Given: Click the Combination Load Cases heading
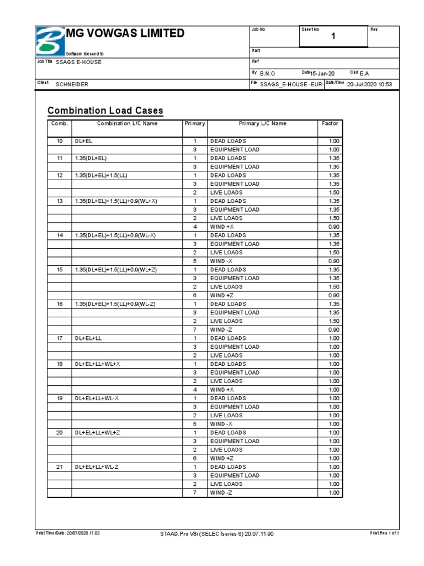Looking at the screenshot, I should [105, 111].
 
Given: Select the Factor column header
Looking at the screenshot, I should [330, 124].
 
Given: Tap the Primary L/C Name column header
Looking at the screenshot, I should [262, 124].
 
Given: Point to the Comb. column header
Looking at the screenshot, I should [59, 124].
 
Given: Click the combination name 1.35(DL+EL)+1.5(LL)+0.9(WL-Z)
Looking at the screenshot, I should [115, 304].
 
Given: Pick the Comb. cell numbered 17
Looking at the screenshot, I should [59, 338].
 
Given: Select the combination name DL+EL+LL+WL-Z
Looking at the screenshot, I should [97, 467].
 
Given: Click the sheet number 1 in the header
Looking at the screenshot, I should [333, 36].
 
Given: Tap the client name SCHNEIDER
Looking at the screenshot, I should [72, 85].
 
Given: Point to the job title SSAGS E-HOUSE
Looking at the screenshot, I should [79, 62].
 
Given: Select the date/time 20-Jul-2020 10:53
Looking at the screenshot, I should [369, 85].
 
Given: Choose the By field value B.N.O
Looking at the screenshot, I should [267, 74].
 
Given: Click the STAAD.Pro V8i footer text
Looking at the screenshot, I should [216, 534].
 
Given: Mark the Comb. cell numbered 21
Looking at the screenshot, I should [59, 467].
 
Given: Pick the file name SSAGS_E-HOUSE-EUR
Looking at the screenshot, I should [291, 85].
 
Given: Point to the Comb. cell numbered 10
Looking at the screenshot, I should [59, 141].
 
